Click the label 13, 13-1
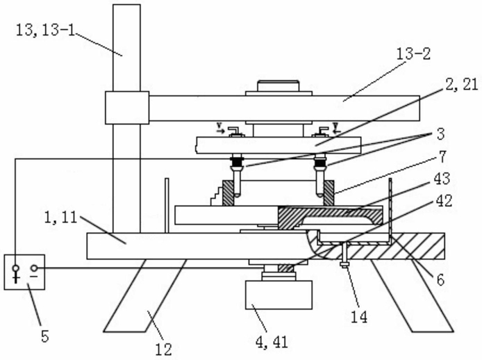(46, 31)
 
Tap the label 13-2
(413, 54)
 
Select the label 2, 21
(461, 85)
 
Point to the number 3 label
(440, 134)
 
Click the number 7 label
(442, 157)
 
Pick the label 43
(442, 179)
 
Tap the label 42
(444, 202)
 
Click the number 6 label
(440, 279)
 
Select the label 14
(359, 317)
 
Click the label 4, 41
(272, 341)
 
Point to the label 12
(163, 350)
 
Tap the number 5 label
(45, 336)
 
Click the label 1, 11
(60, 218)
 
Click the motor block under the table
(279, 295)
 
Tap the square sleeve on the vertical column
(127, 108)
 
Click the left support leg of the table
(144, 295)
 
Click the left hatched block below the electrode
(228, 193)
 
